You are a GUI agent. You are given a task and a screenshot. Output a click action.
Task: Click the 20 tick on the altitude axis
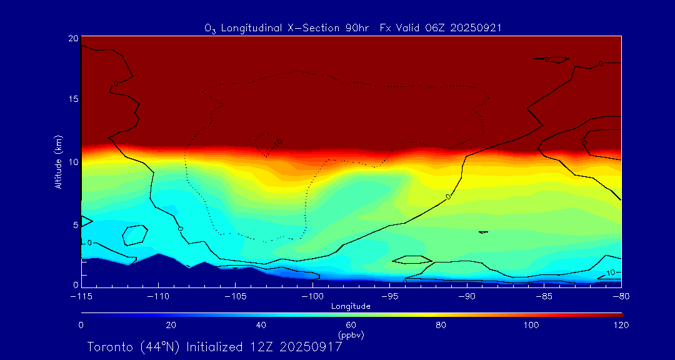tap(73, 38)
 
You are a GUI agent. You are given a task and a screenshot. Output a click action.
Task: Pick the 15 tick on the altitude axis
tap(73, 99)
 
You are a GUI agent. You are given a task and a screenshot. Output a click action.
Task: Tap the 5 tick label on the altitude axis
tap(76, 224)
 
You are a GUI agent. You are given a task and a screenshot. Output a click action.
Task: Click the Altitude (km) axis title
tap(58, 162)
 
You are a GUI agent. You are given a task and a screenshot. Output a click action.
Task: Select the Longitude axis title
tap(351, 306)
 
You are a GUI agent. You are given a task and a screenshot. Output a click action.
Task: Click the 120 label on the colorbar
tap(621, 325)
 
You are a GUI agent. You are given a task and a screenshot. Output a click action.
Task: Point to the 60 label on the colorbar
tap(351, 325)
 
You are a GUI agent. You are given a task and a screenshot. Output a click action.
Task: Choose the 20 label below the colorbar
tap(171, 325)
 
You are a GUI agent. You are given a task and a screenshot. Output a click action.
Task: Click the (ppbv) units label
tap(351, 335)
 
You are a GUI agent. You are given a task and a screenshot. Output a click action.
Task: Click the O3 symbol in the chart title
tap(210, 28)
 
